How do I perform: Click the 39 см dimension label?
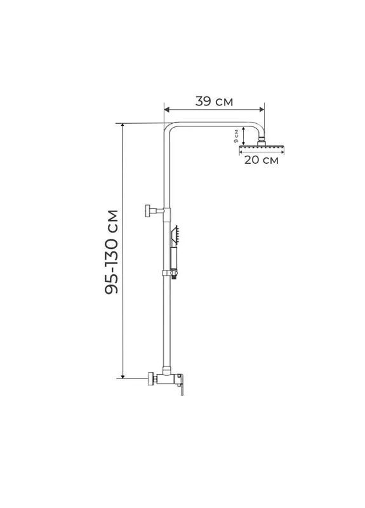[x=214, y=102]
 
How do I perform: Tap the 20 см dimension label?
[x=262, y=160]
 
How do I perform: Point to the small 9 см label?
[x=236, y=136]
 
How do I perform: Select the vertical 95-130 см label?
[x=112, y=251]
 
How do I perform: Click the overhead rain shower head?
[x=262, y=149]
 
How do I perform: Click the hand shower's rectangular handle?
[x=173, y=258]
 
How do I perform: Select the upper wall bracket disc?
[x=149, y=211]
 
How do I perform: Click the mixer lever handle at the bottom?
[x=182, y=387]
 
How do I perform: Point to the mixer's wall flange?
[x=151, y=378]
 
